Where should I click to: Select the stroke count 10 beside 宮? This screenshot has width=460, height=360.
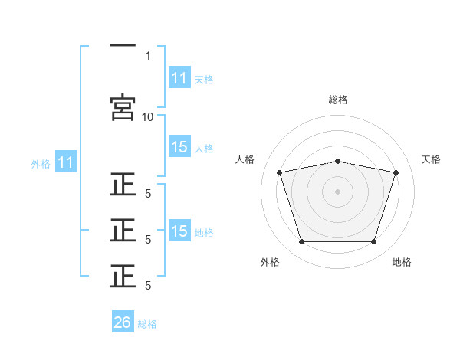click(x=147, y=116)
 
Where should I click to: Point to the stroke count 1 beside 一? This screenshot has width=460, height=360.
click(x=147, y=56)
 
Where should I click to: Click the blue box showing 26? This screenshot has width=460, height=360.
click(x=123, y=322)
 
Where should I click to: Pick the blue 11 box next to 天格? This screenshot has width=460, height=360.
click(x=179, y=78)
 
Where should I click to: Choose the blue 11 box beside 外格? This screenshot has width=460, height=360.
click(x=66, y=162)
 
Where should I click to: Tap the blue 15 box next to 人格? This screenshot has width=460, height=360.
click(x=179, y=148)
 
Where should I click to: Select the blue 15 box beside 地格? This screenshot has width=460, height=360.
click(x=179, y=231)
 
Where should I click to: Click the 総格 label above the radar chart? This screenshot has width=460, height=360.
click(x=338, y=100)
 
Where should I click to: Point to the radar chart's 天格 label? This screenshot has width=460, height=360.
click(x=432, y=159)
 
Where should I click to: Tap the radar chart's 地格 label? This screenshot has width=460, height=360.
click(x=402, y=262)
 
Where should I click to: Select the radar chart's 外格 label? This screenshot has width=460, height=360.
click(x=270, y=262)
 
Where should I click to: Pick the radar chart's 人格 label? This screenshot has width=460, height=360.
click(x=245, y=159)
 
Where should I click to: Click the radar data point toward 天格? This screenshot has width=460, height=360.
click(x=396, y=172)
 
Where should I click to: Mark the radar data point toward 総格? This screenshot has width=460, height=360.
click(x=338, y=161)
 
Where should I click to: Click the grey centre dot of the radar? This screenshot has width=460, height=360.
click(x=338, y=191)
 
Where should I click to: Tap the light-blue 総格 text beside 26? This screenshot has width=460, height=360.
click(x=147, y=324)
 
